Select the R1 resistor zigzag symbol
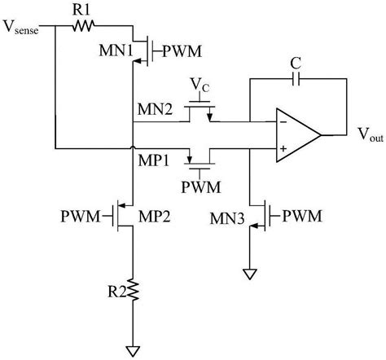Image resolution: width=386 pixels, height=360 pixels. (82, 26)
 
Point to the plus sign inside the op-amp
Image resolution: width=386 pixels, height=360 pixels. (283, 149)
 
